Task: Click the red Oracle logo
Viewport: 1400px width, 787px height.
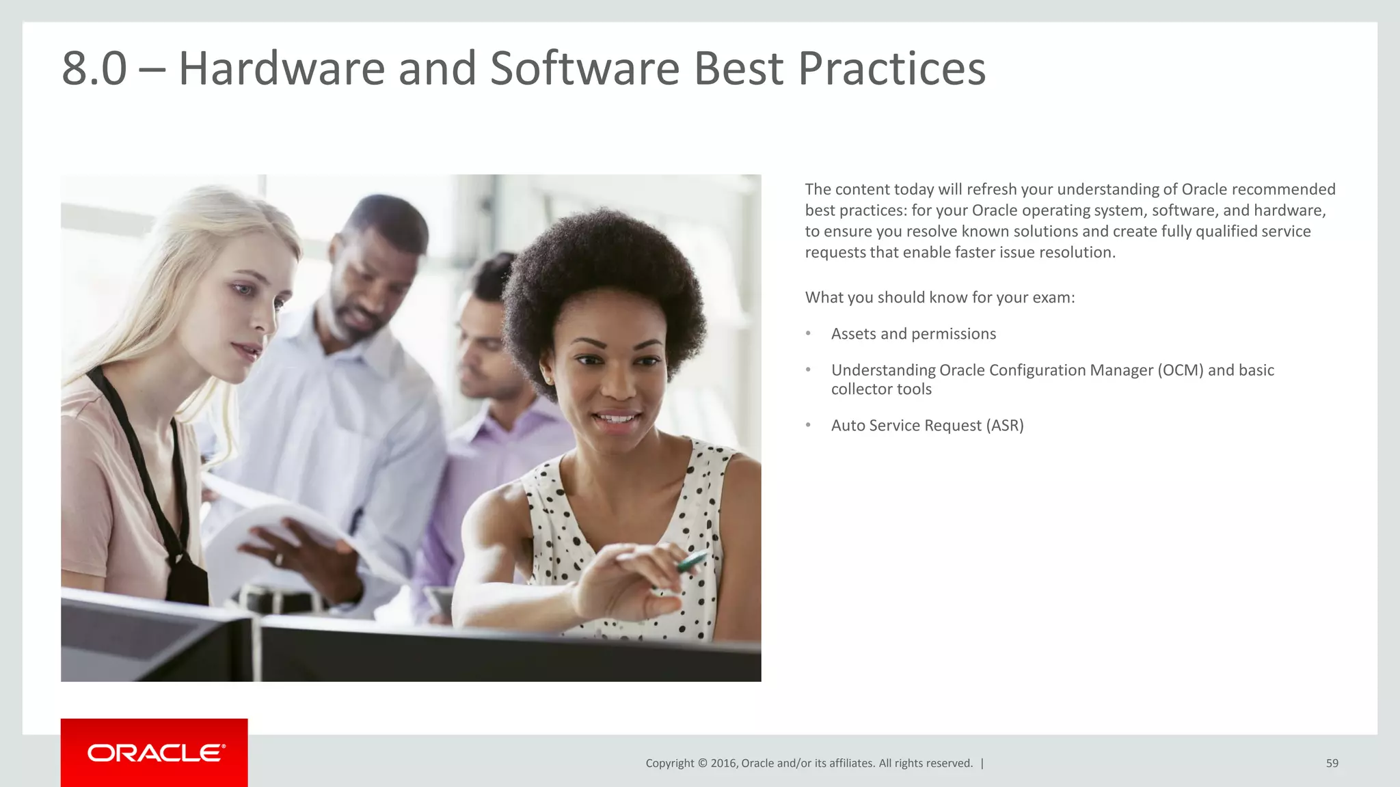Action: click(154, 753)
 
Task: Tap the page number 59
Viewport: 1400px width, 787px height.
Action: click(1332, 763)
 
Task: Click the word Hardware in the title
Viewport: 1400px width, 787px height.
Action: click(282, 68)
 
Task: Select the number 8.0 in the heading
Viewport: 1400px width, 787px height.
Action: click(94, 68)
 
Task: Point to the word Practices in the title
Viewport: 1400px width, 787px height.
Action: click(891, 68)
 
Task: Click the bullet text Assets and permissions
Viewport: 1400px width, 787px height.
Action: click(913, 334)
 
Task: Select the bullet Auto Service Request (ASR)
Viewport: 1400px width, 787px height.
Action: click(927, 426)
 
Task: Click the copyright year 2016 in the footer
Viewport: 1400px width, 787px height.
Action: click(724, 763)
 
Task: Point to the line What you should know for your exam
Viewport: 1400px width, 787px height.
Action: click(940, 298)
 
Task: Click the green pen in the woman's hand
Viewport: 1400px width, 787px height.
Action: click(691, 562)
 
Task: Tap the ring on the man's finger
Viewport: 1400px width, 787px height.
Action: click(278, 559)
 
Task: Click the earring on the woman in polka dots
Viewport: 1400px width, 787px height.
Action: click(546, 378)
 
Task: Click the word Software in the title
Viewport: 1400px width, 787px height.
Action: click(584, 68)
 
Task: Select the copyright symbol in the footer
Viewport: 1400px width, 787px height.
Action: click(701, 763)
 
